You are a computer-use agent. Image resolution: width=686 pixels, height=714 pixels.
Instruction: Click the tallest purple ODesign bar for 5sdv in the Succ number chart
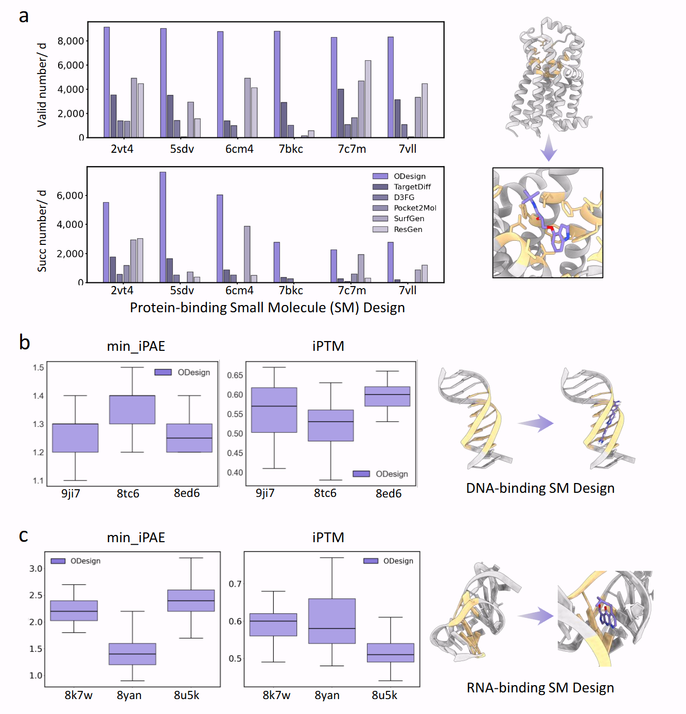click(x=163, y=227)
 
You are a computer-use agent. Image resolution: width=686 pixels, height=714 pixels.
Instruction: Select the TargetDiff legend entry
click(x=412, y=187)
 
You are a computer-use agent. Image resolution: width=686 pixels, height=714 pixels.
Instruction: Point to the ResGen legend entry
click(x=408, y=229)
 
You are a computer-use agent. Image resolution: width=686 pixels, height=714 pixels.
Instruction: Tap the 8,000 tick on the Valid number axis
click(x=71, y=41)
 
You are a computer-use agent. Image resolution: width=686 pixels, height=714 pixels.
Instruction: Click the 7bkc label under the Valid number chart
click(x=291, y=149)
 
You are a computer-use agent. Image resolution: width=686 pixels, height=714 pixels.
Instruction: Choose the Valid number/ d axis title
click(x=42, y=85)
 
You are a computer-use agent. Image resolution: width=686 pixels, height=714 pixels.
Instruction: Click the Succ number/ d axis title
click(x=42, y=231)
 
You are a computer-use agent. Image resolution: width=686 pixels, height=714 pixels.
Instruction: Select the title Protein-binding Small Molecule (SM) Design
click(x=267, y=308)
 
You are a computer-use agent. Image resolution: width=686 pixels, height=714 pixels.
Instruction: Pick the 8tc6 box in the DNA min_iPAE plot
click(x=132, y=409)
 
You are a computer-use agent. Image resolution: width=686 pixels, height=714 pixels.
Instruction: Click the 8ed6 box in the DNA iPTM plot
click(x=388, y=396)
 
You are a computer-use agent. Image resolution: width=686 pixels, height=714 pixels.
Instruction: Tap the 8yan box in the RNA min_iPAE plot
click(x=132, y=654)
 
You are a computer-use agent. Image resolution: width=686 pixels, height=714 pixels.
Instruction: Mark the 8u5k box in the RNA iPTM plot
click(x=391, y=652)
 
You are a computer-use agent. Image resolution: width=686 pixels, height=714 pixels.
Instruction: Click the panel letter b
click(x=24, y=343)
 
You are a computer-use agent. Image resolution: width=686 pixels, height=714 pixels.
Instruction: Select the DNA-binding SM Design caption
click(x=540, y=488)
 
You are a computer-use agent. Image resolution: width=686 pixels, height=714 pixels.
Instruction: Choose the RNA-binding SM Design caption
click(x=540, y=688)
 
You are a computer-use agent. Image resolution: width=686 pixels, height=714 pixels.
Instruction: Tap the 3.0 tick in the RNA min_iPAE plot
click(x=36, y=568)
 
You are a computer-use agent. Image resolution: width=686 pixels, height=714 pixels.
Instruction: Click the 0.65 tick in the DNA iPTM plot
click(x=235, y=376)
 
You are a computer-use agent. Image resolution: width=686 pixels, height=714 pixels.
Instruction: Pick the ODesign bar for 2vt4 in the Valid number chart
click(x=107, y=82)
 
